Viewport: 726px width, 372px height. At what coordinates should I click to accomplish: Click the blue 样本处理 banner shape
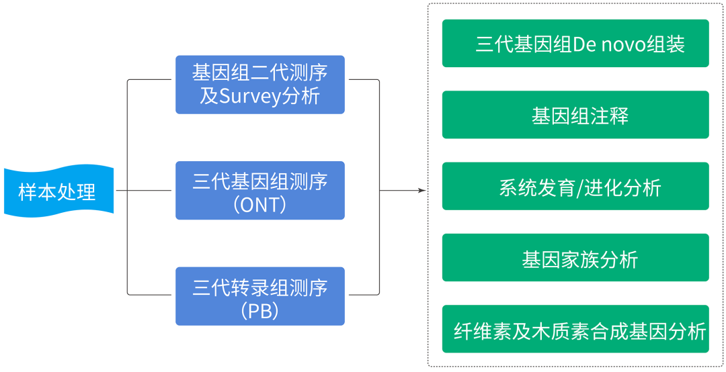[x=58, y=191]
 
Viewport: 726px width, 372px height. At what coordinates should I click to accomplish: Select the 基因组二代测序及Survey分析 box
[x=259, y=85]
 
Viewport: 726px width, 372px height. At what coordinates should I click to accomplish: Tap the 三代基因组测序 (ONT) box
[x=259, y=190]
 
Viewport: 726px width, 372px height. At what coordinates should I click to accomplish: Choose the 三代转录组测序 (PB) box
[x=259, y=296]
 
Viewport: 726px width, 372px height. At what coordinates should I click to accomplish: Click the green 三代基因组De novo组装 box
[x=575, y=43]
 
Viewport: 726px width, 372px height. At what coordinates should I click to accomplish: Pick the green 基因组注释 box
[x=575, y=115]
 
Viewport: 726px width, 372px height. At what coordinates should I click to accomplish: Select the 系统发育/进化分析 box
[x=575, y=186]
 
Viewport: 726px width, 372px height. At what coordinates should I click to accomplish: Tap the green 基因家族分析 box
[x=575, y=258]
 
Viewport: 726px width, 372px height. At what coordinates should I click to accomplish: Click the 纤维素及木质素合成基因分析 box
[x=575, y=329]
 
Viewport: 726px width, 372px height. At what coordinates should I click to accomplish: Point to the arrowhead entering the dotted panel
[x=422, y=190]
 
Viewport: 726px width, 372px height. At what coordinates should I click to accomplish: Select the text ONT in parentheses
[x=259, y=205]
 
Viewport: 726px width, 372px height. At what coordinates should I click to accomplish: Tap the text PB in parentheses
[x=259, y=311]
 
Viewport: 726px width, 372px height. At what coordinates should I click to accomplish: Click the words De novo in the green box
[x=608, y=45]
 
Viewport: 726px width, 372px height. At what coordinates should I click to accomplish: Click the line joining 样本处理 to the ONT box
[x=145, y=190]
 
